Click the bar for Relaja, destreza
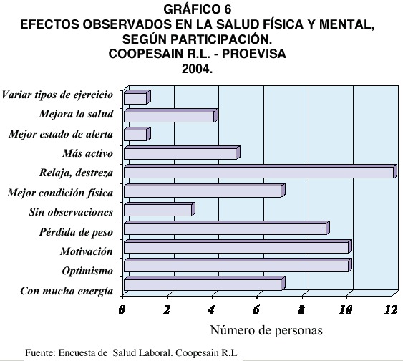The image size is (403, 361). (261, 171)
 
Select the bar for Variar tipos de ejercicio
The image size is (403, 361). (137, 97)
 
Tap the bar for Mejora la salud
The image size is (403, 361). (171, 115)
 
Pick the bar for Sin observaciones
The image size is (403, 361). (160, 209)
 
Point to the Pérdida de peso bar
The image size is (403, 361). (227, 228)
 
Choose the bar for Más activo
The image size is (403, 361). (182, 153)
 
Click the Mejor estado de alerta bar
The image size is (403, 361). (137, 134)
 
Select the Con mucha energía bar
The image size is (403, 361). (205, 284)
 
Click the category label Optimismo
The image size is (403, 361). (87, 271)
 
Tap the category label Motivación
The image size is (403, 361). (87, 251)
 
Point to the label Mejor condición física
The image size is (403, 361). (60, 193)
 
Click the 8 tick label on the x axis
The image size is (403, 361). (301, 310)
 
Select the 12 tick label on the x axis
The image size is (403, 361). (391, 310)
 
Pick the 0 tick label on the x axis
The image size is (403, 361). (122, 310)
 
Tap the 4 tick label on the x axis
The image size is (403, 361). (211, 310)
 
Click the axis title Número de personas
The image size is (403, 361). (266, 330)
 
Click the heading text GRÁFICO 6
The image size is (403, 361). (198, 10)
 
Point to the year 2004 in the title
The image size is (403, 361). (198, 69)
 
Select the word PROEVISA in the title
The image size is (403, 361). (254, 54)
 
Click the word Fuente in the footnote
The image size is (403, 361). (40, 352)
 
